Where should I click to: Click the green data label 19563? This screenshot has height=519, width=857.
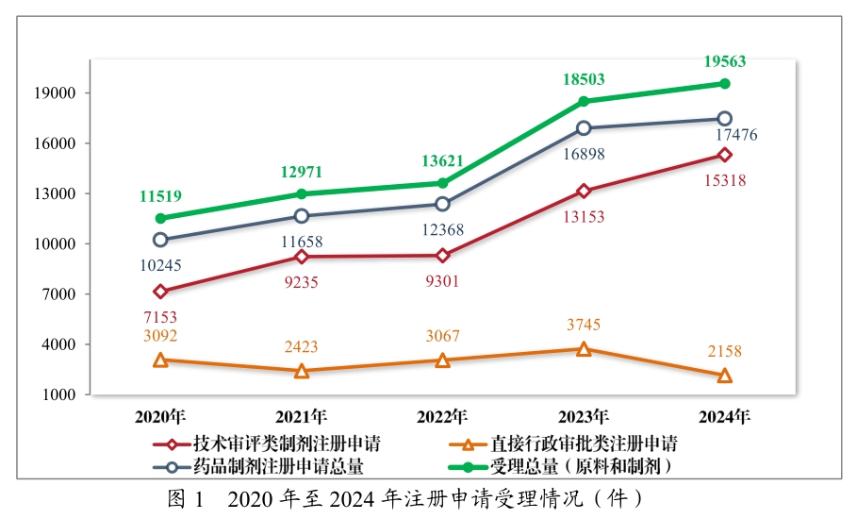[x=725, y=62]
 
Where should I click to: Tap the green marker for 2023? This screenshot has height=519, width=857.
[x=584, y=101]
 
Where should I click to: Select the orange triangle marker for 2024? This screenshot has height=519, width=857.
[x=725, y=376]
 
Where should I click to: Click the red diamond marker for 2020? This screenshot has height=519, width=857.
[x=160, y=292]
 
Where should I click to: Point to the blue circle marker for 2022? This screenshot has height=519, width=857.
[x=443, y=204]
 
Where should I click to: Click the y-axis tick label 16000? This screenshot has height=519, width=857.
[x=58, y=143]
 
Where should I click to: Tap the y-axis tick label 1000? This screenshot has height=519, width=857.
[x=61, y=394]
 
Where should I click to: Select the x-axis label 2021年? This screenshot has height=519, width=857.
[x=302, y=416]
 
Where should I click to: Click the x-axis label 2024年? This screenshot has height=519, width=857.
[x=725, y=416]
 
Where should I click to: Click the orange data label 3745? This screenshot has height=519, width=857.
[x=584, y=326]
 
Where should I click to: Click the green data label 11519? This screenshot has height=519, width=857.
[x=160, y=197]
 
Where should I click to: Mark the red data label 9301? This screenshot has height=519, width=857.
[x=443, y=280]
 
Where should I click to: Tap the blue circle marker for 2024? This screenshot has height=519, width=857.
[x=725, y=119]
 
